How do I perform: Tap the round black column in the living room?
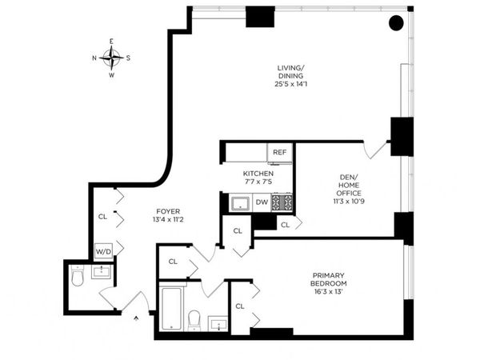tap(396, 23)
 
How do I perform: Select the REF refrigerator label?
tap(279, 152)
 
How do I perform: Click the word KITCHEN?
tap(258, 174)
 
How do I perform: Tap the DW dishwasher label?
tap(262, 202)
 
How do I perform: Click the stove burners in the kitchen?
tap(282, 203)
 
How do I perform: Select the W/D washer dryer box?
tap(103, 251)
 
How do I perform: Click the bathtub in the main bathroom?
tap(171, 308)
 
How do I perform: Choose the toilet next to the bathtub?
tap(194, 319)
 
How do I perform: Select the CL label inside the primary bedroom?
tap(239, 305)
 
